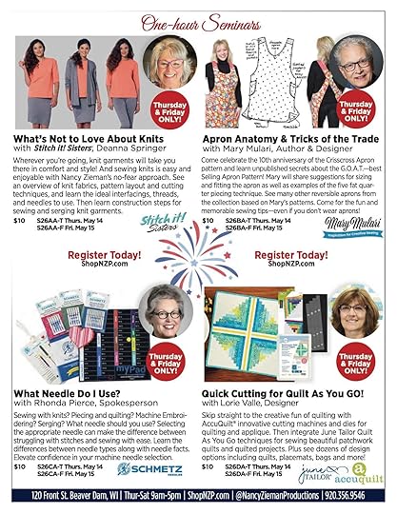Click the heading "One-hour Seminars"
(x=198, y=23)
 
